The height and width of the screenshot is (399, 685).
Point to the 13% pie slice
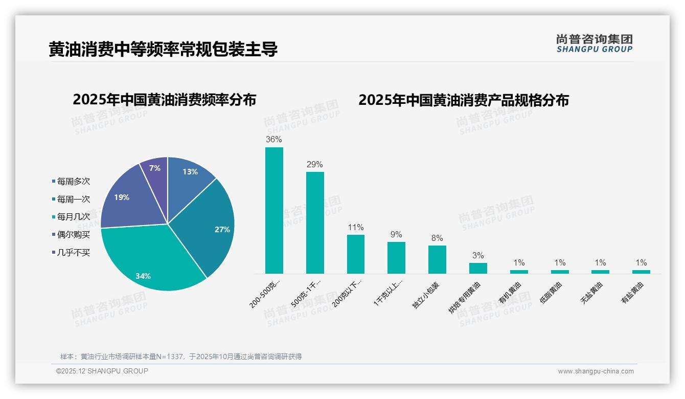(189, 174)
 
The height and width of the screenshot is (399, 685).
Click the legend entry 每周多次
(73, 181)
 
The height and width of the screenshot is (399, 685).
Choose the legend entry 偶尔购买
(73, 235)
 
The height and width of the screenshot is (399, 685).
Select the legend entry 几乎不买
(73, 253)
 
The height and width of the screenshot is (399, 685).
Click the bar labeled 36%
(274, 210)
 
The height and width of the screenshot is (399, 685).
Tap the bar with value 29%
(315, 223)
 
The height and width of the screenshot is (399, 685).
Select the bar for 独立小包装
(437, 259)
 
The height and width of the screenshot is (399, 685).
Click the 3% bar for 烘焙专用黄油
(478, 268)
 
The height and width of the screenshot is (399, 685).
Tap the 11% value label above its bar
(355, 228)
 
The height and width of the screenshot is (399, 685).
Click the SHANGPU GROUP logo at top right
(594, 43)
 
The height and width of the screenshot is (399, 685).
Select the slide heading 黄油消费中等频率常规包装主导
(163, 50)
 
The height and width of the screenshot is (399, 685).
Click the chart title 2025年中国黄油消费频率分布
(164, 100)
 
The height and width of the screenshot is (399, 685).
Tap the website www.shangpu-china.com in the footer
(596, 371)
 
